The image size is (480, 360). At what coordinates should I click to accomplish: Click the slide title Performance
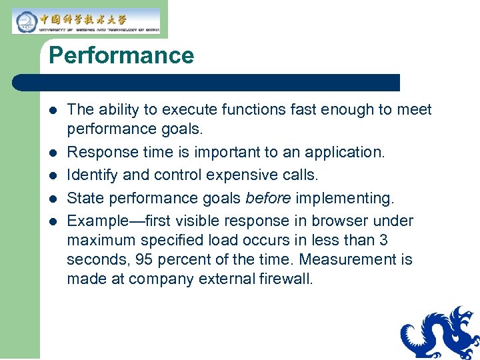click(x=121, y=55)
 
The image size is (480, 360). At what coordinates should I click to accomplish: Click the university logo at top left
click(x=86, y=21)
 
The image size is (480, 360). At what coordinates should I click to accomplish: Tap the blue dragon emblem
click(x=440, y=333)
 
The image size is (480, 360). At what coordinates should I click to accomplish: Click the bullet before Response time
click(x=53, y=153)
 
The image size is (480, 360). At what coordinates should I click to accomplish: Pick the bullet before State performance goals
click(x=53, y=198)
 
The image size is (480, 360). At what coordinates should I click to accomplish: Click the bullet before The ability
click(x=53, y=110)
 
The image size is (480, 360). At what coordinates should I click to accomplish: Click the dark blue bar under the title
click(x=207, y=83)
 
